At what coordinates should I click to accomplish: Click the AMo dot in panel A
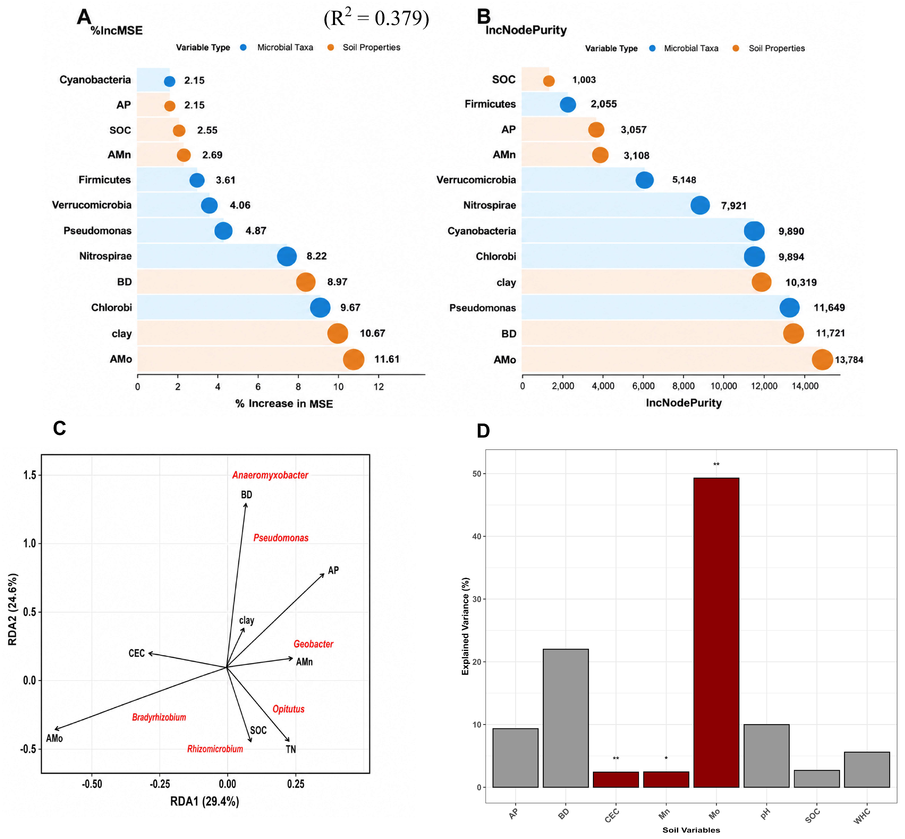(354, 360)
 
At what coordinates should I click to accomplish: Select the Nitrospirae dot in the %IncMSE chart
(287, 256)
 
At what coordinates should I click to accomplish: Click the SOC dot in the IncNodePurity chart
(549, 81)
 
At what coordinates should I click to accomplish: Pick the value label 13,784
(849, 360)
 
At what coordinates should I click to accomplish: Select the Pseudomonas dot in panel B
(790, 308)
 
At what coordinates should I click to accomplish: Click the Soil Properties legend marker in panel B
(736, 48)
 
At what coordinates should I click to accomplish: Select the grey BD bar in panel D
(566, 718)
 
